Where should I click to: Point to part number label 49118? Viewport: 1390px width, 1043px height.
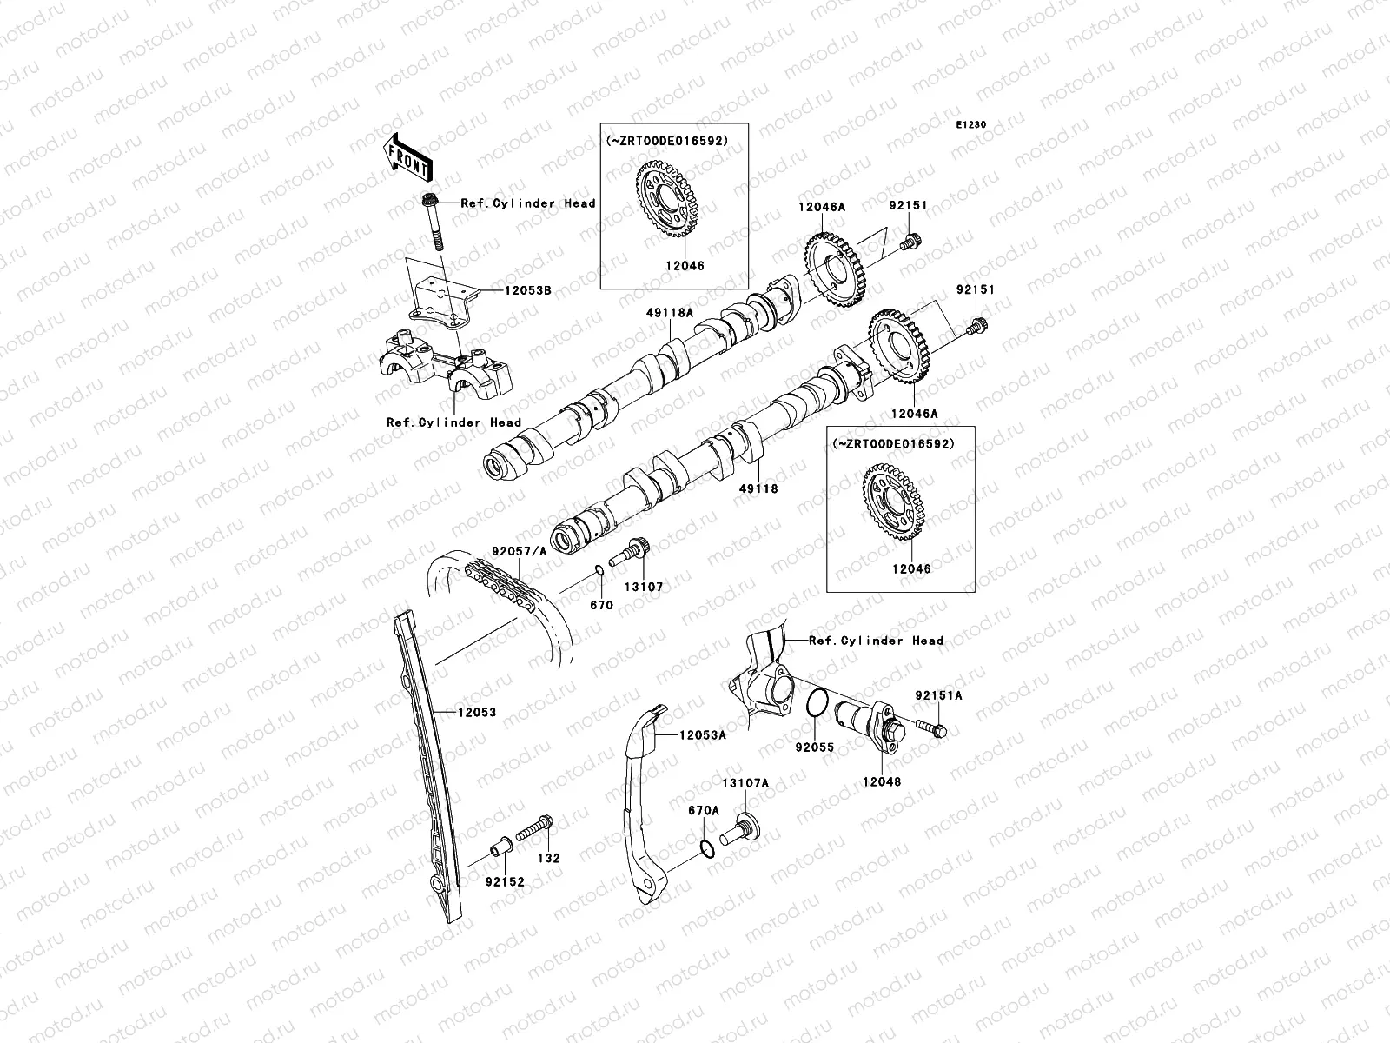758,488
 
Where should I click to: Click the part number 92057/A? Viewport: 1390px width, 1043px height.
520,550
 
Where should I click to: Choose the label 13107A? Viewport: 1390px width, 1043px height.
746,783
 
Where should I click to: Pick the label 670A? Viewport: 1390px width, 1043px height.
704,810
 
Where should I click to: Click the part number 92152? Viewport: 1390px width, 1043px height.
505,882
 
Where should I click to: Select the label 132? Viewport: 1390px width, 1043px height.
549,858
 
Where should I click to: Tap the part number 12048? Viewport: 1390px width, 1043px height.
881,781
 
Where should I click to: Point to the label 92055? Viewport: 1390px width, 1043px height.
814,747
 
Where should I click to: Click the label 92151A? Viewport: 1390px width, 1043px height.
938,695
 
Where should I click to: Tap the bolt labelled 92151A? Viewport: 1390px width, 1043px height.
930,727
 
